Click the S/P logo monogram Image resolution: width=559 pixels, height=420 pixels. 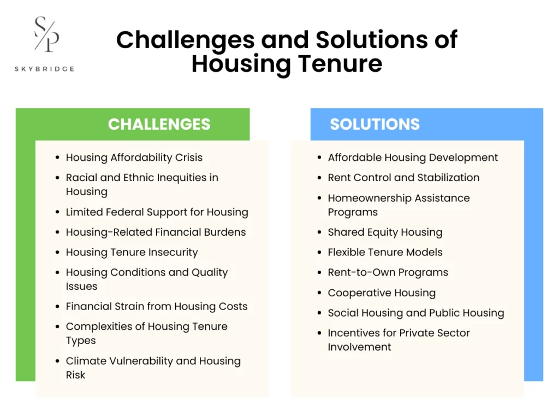point(46,34)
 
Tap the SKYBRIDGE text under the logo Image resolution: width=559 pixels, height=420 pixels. point(45,69)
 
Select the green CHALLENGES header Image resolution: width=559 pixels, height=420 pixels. point(159,124)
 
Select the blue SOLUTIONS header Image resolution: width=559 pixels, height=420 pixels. point(374,124)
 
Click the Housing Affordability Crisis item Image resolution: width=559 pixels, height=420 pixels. point(134,157)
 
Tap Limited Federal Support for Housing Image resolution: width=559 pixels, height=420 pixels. point(157,212)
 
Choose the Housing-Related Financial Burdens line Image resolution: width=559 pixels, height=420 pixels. point(156,232)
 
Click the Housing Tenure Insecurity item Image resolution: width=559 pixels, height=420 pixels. point(132,252)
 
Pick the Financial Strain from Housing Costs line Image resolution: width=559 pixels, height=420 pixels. point(156,306)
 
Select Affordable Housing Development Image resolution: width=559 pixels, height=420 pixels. point(413,157)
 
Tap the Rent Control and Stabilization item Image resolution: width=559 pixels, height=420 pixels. point(403,178)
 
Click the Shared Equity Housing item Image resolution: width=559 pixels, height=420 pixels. point(385,232)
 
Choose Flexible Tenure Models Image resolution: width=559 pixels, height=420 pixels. point(385,252)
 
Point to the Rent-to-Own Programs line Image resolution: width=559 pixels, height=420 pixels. point(388,272)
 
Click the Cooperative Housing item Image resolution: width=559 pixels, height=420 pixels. point(382,293)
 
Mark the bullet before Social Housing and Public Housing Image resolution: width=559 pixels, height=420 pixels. point(319,313)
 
